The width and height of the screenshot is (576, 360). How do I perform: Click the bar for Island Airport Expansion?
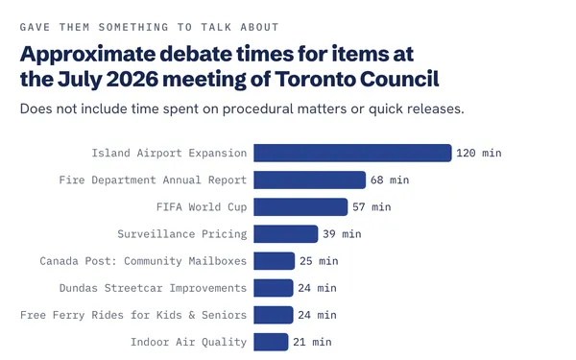352,153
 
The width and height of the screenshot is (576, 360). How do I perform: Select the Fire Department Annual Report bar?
310,180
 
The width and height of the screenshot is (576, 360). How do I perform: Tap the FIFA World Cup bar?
300,206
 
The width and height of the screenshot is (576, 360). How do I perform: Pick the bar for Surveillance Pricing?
286,234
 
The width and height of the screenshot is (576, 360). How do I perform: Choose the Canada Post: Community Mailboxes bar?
274,261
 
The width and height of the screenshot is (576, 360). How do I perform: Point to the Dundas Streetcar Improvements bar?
274,288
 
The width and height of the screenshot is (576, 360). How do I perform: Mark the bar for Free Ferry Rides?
274,315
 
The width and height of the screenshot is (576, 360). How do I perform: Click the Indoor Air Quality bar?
271,342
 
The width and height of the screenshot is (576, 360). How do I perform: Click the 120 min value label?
479,153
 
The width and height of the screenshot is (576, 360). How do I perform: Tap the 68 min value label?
390,180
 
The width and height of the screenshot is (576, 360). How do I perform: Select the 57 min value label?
372,206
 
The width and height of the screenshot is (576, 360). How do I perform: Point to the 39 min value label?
342,234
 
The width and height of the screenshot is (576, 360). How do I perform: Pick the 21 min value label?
312,342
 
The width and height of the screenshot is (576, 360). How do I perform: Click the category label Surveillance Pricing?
182,234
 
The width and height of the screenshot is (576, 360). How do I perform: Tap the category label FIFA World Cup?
202,206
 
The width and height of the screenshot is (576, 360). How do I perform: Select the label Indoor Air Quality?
189,342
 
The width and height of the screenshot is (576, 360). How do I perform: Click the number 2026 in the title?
132,79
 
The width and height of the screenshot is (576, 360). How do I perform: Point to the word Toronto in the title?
315,79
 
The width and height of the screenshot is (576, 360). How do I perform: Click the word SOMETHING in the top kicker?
133,27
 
